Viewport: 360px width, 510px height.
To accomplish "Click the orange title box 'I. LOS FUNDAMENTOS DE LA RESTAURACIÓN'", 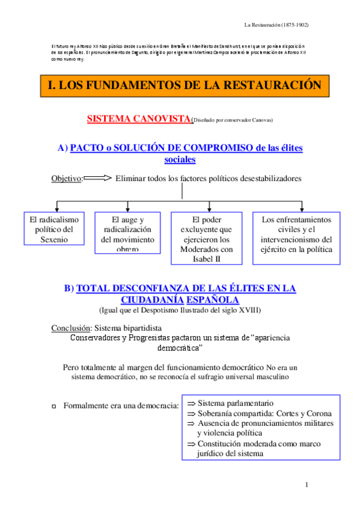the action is click(x=185, y=85).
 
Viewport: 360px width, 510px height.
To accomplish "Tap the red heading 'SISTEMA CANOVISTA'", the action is click(x=139, y=118).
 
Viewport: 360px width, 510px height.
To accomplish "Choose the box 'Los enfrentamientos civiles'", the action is click(x=296, y=234).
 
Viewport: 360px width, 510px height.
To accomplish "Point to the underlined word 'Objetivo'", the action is click(x=66, y=179).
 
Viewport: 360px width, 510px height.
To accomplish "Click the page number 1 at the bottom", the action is click(x=307, y=485).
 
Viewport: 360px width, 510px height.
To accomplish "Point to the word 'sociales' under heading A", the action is click(x=180, y=159).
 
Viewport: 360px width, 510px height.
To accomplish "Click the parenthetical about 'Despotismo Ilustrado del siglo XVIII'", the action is click(x=180, y=310).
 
